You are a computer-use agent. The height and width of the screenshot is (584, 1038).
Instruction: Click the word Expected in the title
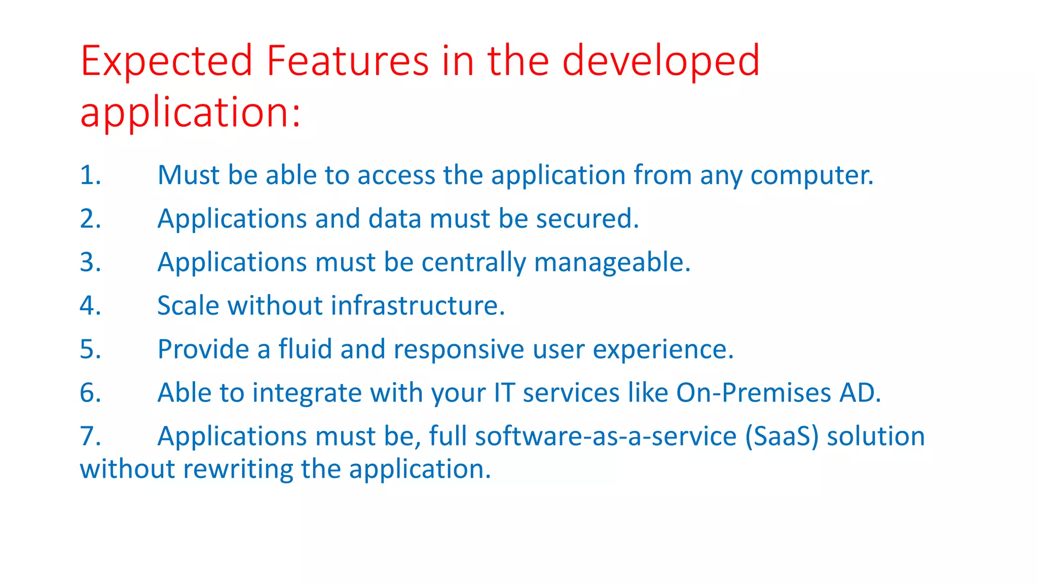[166, 62]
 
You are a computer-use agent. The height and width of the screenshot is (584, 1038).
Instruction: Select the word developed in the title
[661, 62]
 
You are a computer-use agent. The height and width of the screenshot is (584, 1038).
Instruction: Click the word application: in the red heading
[191, 113]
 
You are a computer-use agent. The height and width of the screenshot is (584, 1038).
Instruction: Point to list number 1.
[90, 175]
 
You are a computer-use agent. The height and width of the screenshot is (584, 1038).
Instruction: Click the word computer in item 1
[811, 175]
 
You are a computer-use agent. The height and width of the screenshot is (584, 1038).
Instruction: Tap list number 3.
[90, 263]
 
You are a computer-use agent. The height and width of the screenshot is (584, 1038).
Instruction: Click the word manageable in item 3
[612, 263]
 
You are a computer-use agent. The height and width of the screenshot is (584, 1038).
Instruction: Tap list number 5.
[90, 350]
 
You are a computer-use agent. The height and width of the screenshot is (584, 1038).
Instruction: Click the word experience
[662, 350]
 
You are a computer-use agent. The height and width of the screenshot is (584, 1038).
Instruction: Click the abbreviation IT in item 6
[504, 393]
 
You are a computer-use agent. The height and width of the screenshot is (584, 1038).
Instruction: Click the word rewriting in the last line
[238, 469]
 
